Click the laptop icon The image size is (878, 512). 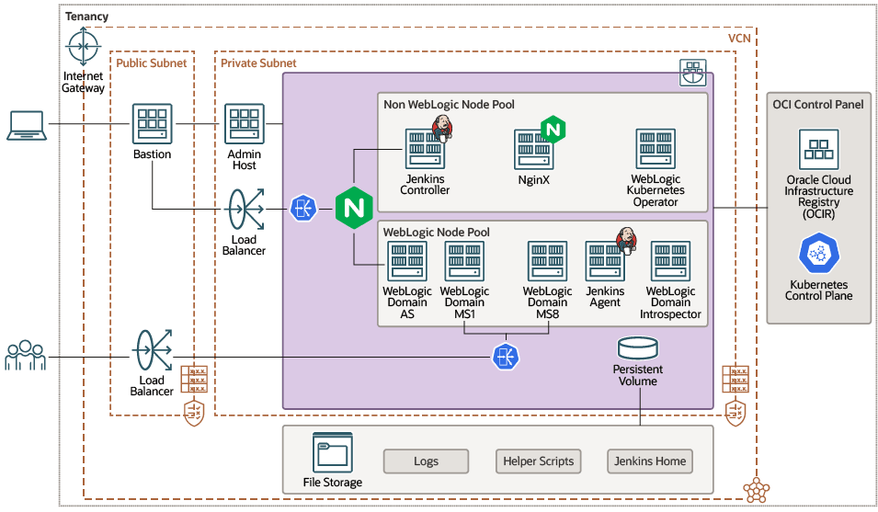tap(27, 125)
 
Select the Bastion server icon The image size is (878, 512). tap(152, 123)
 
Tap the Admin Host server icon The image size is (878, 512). tap(245, 123)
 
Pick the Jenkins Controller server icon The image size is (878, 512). tap(425, 148)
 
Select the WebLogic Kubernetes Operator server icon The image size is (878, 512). tap(655, 148)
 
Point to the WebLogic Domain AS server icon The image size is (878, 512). tap(406, 262)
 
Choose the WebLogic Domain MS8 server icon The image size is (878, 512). tap(547, 262)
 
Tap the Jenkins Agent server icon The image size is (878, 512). tap(605, 262)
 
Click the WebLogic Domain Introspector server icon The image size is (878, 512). tap(670, 262)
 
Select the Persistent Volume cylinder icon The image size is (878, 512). tap(638, 348)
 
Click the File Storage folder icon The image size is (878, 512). tap(332, 452)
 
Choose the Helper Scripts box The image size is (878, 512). tap(539, 461)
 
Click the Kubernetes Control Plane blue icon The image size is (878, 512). tap(818, 254)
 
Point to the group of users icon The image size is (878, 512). tap(26, 355)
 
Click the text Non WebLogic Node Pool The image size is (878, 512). tap(449, 105)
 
